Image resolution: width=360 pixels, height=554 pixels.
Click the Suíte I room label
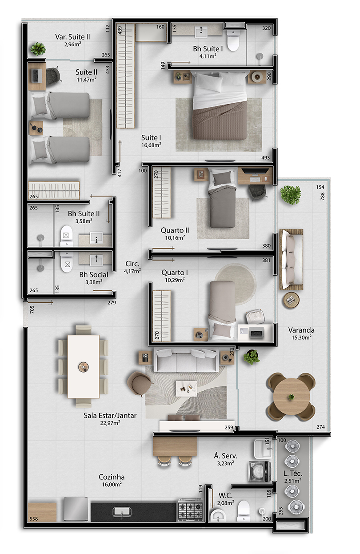pyautogui.click(x=151, y=137)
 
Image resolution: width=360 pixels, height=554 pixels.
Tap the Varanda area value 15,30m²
pyautogui.click(x=301, y=337)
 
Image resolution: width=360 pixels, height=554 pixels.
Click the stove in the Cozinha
pyautogui.click(x=190, y=509)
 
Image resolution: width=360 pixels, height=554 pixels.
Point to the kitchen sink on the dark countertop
pyautogui.click(x=122, y=512)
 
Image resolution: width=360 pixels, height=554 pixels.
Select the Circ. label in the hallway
pyautogui.click(x=132, y=264)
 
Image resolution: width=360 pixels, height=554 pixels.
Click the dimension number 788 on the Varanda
pyautogui.click(x=322, y=197)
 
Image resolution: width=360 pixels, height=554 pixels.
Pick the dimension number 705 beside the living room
pyautogui.click(x=32, y=309)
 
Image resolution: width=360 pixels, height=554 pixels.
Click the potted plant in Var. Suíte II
pyautogui.click(x=38, y=48)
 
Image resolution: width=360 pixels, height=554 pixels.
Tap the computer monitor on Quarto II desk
pyautogui.click(x=255, y=171)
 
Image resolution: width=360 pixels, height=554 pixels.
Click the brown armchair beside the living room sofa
pyautogui.click(x=139, y=383)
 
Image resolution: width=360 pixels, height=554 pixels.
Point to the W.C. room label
pyautogui.click(x=225, y=495)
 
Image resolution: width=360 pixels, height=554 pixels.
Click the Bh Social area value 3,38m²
pyautogui.click(x=94, y=282)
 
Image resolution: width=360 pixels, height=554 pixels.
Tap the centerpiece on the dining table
pyautogui.click(x=83, y=367)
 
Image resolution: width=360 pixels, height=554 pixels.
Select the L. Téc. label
pyautogui.click(x=293, y=474)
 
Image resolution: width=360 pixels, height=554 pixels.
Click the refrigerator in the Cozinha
pyautogui.click(x=76, y=509)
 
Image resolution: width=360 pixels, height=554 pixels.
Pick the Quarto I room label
pyautogui.click(x=175, y=273)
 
